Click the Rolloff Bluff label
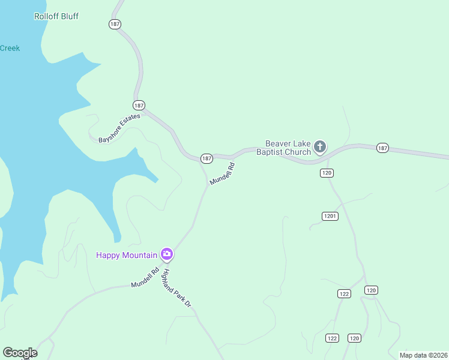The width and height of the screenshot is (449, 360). (56, 16)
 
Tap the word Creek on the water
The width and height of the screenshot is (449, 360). (10, 48)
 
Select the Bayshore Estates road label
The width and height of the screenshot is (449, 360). (119, 128)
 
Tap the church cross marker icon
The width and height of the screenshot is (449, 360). (321, 146)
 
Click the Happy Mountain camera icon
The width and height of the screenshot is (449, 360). (167, 254)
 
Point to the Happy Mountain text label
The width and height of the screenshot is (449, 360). (127, 255)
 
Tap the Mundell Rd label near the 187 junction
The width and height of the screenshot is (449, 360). (221, 173)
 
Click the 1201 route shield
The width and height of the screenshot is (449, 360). (330, 216)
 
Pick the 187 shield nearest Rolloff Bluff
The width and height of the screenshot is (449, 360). (115, 24)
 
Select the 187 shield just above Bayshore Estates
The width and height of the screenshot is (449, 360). (139, 104)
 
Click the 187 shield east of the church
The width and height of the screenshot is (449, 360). (382, 148)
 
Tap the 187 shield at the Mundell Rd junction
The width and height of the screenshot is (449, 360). (206, 158)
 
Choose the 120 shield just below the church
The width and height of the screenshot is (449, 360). (327, 173)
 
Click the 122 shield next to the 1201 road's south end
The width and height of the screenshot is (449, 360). (344, 293)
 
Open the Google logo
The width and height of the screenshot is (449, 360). (20, 353)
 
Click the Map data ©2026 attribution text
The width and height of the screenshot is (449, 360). (423, 355)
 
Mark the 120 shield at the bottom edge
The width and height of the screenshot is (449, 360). (354, 338)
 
